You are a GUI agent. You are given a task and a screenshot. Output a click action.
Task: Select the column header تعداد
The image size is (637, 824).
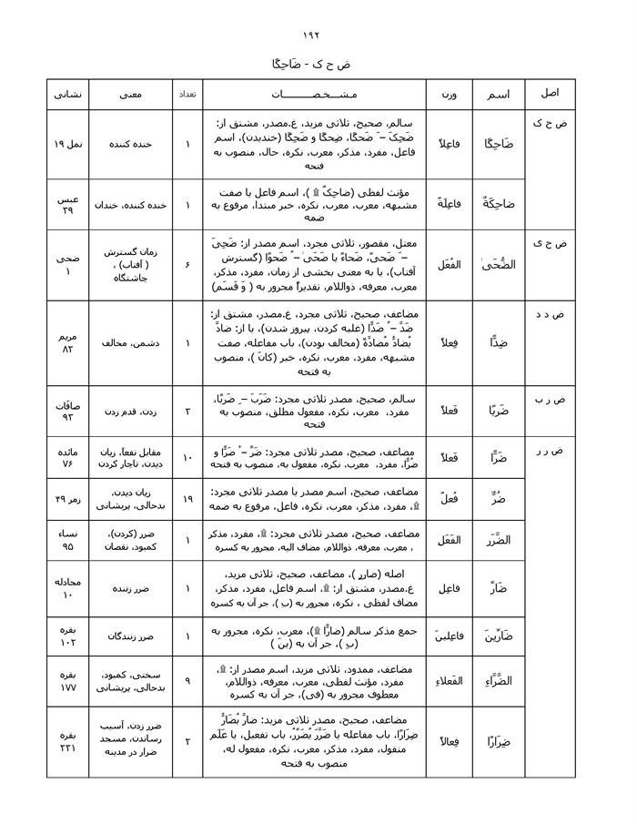tap(187, 95)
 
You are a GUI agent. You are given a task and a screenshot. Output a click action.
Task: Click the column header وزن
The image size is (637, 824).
tap(450, 95)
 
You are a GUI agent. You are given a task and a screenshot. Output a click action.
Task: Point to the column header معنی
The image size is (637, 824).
tap(130, 95)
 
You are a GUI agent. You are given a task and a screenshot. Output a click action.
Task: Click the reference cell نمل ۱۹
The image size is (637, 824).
tap(67, 144)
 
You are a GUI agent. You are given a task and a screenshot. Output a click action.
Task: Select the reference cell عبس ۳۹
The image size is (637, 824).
tap(67, 205)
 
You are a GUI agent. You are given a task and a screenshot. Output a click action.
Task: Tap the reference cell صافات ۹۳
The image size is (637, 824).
tap(67, 412)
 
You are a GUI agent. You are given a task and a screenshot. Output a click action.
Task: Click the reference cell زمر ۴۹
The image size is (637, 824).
tap(67, 501)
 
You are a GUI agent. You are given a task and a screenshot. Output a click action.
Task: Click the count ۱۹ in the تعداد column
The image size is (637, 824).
tap(187, 500)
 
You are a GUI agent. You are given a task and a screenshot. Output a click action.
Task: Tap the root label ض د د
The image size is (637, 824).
tap(551, 314)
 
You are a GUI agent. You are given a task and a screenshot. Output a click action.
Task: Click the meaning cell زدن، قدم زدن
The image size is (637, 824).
tap(130, 412)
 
